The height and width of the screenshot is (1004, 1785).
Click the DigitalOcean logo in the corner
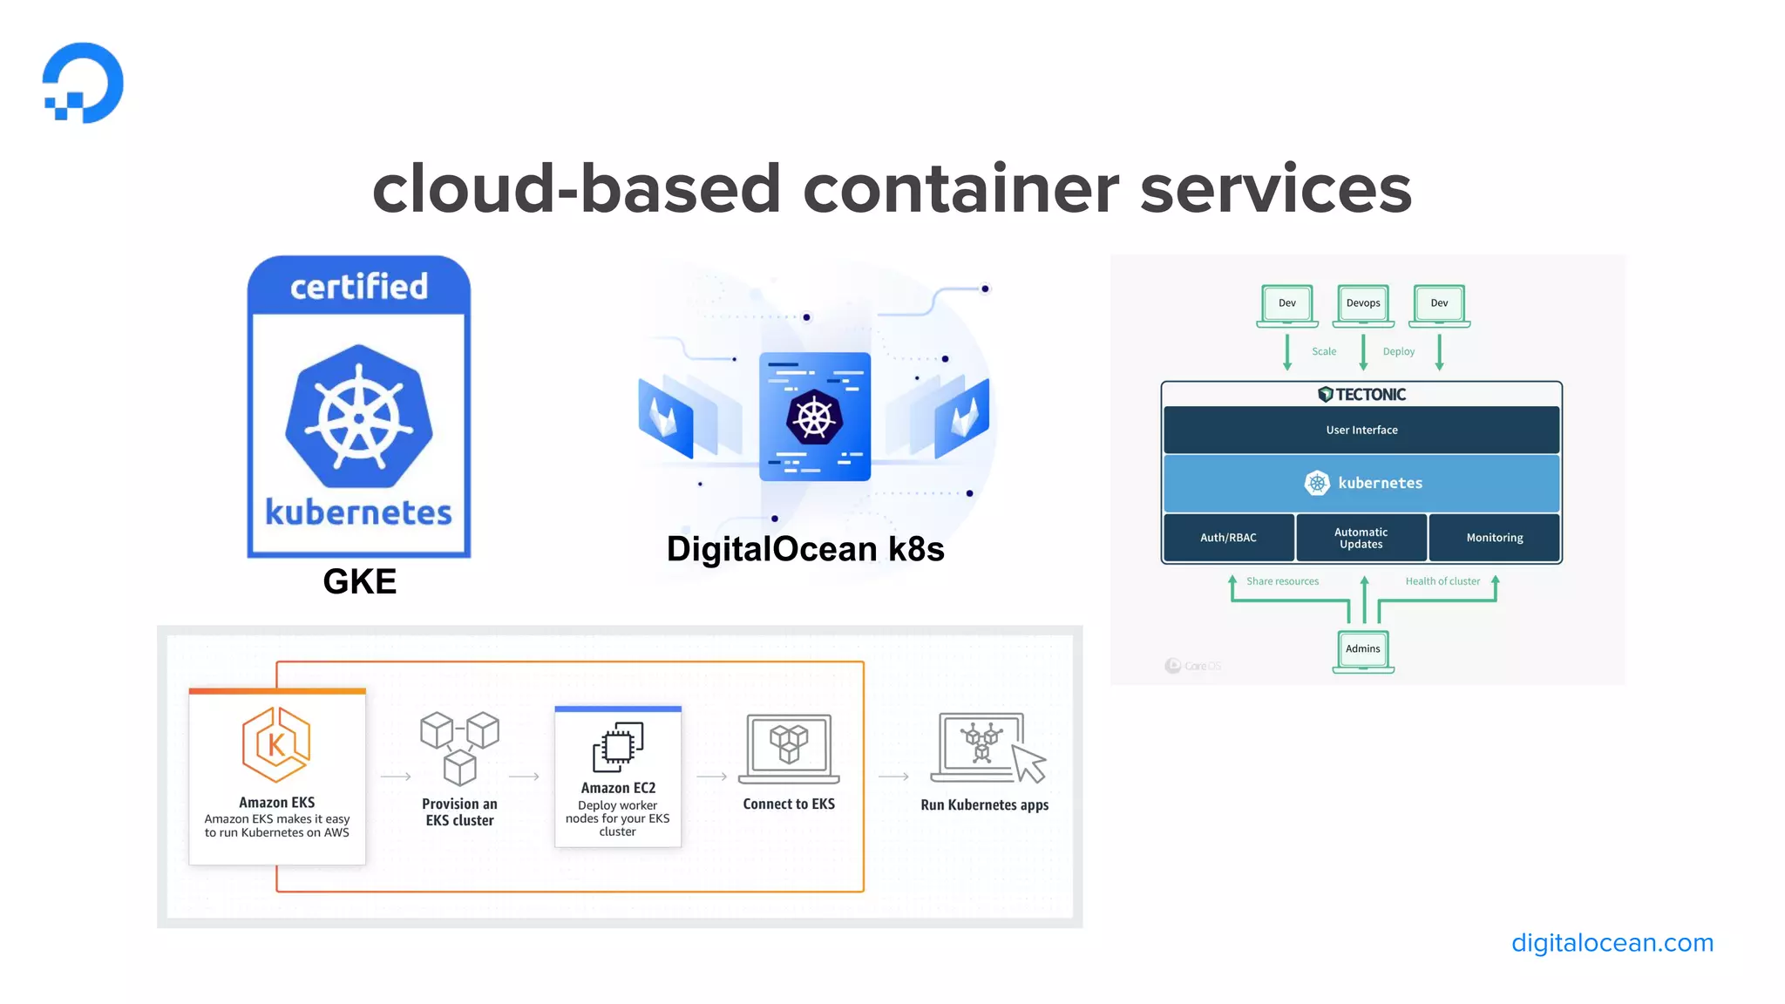coord(84,83)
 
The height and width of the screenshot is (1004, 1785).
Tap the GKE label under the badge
coord(359,581)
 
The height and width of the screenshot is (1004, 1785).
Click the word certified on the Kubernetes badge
coord(359,287)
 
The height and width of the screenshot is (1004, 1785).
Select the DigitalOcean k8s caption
coord(805,549)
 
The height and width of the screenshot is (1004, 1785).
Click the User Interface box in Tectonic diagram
coord(1361,430)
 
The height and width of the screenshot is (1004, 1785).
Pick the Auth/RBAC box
coord(1228,538)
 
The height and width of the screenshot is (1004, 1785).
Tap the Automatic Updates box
coord(1361,538)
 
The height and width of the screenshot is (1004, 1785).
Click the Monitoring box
coord(1494,538)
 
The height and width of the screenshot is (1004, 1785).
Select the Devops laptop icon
coord(1363,305)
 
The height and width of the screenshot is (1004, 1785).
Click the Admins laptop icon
coord(1363,651)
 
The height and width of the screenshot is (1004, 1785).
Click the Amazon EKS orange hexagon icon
coord(276,744)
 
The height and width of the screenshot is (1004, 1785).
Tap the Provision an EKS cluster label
coord(459,811)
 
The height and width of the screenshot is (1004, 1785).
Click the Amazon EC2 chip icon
coord(618,747)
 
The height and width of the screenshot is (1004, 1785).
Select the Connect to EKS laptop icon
coord(789,748)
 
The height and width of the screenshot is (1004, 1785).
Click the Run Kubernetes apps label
coord(984,805)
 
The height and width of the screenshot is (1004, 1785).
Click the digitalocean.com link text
coord(1612,943)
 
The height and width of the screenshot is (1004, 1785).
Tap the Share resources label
coord(1282,581)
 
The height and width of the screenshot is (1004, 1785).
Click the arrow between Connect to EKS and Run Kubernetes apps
coord(893,777)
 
